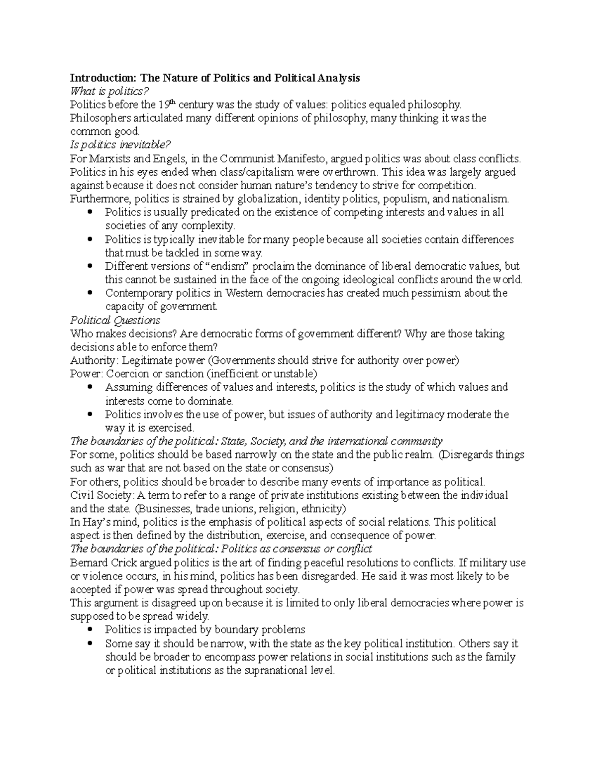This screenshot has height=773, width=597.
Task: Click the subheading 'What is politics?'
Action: [109, 91]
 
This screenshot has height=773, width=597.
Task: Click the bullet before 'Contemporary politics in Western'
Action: [90, 293]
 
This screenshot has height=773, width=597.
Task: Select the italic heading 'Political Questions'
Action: [115, 320]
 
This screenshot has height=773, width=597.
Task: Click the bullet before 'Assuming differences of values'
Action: [90, 387]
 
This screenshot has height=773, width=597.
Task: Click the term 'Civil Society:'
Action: [102, 495]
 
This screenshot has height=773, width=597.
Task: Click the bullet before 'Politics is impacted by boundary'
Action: [90, 630]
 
